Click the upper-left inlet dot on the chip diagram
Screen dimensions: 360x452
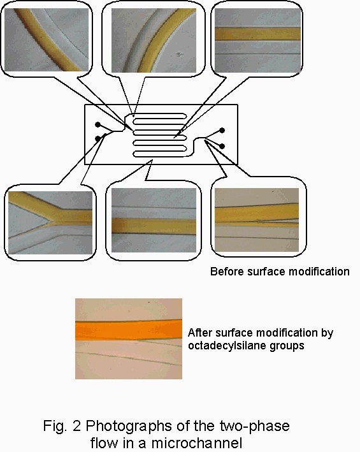click(x=98, y=124)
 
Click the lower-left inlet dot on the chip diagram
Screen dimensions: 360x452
click(x=98, y=138)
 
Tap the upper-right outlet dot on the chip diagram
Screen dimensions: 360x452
click(x=222, y=131)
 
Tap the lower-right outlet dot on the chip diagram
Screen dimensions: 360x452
click(x=222, y=147)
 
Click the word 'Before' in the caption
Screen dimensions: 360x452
click(x=227, y=272)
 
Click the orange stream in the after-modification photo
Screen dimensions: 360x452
click(x=129, y=330)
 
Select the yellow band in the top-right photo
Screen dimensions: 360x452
click(x=258, y=33)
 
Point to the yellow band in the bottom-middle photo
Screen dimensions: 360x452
click(x=154, y=226)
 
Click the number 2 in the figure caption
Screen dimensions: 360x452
click(x=76, y=426)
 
